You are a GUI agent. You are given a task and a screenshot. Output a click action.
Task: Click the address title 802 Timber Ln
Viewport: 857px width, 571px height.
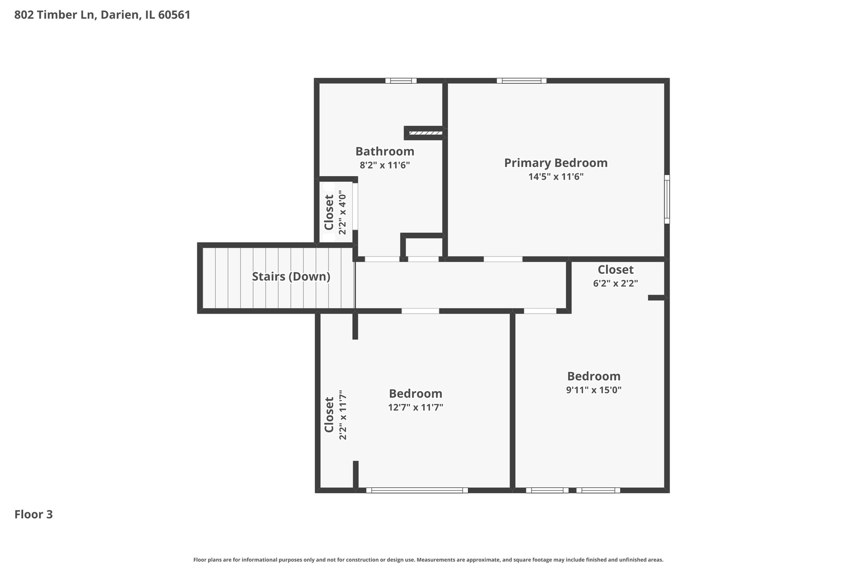click(102, 15)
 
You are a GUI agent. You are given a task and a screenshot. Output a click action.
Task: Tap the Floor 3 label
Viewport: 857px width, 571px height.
click(34, 514)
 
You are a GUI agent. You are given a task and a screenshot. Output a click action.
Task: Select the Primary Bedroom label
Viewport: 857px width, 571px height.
click(555, 163)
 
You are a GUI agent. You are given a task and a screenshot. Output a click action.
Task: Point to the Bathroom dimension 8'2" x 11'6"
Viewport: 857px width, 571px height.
click(385, 165)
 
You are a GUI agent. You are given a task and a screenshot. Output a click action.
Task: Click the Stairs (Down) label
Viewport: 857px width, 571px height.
click(291, 277)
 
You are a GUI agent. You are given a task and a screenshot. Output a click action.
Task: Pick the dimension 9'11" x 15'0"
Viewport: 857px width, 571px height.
click(594, 390)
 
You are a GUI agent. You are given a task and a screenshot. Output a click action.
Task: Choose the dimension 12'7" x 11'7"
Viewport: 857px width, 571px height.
click(415, 407)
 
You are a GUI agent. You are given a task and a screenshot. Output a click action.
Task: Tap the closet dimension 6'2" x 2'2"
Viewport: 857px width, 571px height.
click(616, 283)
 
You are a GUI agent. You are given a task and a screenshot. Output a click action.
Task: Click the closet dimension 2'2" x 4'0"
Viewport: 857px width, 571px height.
click(342, 212)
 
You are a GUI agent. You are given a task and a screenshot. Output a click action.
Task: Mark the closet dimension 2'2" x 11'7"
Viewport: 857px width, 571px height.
click(342, 415)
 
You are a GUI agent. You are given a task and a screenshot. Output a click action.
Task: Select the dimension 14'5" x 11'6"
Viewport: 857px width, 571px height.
click(556, 177)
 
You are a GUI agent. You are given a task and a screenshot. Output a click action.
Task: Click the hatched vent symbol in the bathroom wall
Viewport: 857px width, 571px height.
click(425, 133)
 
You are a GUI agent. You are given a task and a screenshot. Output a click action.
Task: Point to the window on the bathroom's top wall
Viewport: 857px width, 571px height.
click(401, 81)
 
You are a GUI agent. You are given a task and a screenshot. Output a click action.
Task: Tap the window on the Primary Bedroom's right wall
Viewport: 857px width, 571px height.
click(667, 199)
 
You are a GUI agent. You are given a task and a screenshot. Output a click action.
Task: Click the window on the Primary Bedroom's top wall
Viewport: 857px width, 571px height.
click(522, 81)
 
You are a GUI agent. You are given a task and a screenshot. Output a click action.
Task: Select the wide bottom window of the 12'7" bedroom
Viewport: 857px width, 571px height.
click(417, 490)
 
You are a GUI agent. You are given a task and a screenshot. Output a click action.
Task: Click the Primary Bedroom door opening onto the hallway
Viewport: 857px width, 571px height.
click(503, 259)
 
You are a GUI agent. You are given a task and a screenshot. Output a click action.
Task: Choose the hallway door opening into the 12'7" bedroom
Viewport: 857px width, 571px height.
click(420, 311)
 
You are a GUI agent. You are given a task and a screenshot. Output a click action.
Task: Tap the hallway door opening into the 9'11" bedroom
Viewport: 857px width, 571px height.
click(540, 311)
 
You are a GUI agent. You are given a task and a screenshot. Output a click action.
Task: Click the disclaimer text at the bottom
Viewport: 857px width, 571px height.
click(428, 559)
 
